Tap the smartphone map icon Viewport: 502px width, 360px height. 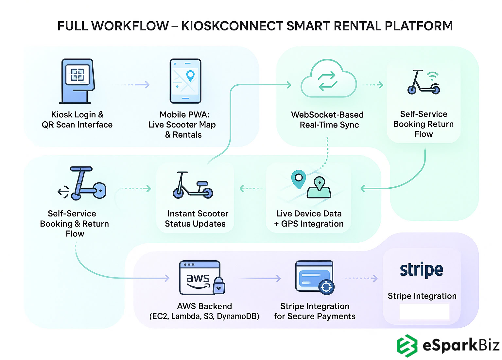tap(185, 81)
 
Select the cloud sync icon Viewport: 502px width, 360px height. tap(328, 79)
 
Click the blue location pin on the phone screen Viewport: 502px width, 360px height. tap(190, 76)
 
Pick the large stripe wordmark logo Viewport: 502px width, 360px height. tap(422, 270)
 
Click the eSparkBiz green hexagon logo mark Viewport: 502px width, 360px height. tap(407, 346)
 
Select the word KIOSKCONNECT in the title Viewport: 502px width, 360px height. tap(232, 26)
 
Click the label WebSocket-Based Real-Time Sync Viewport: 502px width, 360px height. tap(328, 120)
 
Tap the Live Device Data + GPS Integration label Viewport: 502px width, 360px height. tap(309, 218)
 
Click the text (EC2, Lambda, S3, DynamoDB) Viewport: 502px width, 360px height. tap(204, 316)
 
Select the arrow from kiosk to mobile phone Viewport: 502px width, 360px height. tap(131, 85)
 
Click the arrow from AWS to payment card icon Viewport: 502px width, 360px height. tap(260, 278)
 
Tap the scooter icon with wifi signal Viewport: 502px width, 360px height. tap(424, 82)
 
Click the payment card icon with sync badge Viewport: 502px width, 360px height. tap(314, 277)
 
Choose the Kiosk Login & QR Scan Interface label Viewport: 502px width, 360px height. tap(77, 120)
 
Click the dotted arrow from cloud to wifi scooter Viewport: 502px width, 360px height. tap(373, 85)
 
